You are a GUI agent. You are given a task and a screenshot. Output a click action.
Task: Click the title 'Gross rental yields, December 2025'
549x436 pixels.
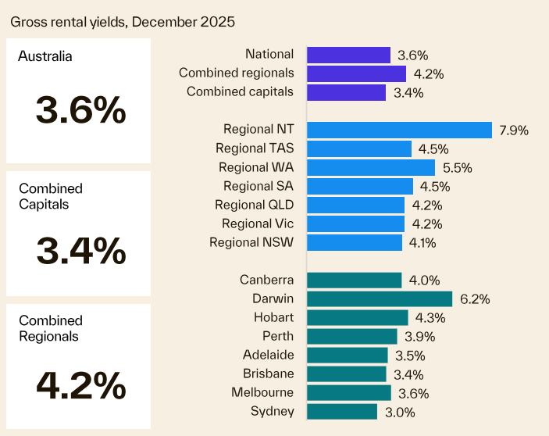123,21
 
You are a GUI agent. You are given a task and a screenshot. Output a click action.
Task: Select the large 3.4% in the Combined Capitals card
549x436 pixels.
80,251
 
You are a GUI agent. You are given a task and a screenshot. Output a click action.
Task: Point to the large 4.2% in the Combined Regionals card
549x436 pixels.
80,384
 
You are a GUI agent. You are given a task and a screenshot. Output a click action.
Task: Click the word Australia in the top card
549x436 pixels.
45,56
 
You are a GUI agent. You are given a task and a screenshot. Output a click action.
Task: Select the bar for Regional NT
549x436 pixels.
399,130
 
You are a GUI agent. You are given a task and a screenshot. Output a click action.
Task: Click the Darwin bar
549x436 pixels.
380,298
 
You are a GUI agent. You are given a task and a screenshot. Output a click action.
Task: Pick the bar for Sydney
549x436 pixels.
342,412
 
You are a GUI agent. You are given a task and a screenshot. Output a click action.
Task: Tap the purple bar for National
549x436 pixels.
348,55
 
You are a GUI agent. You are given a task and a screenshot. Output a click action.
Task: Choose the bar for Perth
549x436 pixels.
352,337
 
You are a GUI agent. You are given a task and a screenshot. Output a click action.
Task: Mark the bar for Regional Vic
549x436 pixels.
355,224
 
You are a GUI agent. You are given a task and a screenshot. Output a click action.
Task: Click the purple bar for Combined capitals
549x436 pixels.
346,92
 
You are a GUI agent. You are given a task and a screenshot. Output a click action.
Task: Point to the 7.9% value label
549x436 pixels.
514,130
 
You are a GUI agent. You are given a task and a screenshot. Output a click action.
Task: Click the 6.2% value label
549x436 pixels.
475,299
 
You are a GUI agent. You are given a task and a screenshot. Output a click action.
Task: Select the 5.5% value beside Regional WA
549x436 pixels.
458,168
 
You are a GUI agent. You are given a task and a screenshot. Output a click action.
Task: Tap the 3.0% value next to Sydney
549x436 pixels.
400,413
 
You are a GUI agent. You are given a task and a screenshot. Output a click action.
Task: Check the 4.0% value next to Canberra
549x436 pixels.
425,281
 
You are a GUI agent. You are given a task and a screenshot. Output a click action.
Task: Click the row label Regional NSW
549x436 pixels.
251,242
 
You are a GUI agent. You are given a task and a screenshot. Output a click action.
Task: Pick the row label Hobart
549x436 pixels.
273,317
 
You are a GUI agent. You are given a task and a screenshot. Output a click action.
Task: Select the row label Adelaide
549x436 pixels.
268,355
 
